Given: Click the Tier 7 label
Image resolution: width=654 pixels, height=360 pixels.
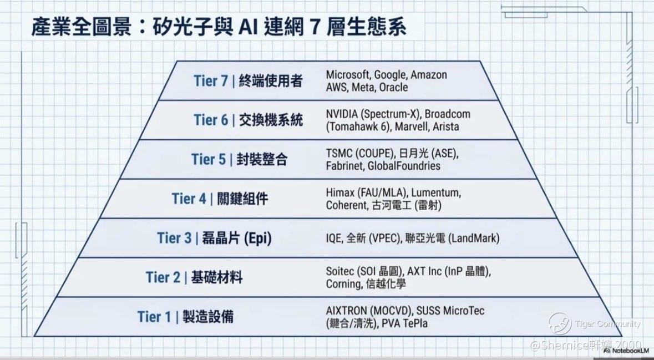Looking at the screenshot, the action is (211, 80).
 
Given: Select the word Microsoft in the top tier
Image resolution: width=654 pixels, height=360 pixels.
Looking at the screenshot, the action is (348, 75).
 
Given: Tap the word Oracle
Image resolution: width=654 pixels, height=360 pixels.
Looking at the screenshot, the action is (393, 87).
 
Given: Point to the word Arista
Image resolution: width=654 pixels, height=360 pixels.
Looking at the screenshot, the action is (445, 126).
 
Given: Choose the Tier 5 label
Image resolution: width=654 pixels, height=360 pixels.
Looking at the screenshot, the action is (208, 159).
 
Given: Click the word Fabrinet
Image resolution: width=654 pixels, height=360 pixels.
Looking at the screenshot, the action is (345, 166).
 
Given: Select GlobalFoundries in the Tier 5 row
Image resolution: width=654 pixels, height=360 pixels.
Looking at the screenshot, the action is (404, 166).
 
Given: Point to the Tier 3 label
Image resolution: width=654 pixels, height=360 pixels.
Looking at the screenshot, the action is (174, 238).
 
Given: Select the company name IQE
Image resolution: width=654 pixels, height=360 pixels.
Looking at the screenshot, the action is (334, 238).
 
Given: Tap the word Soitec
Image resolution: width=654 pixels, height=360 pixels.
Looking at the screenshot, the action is (340, 271).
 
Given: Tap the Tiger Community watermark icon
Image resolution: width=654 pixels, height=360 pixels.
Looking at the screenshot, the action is (560, 324).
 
